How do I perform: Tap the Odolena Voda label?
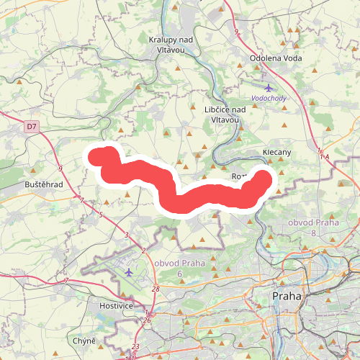pos(275,58)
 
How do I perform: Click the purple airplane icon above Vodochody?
pos(268,88)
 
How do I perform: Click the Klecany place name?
pos(276,153)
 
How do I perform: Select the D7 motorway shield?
pos(31,127)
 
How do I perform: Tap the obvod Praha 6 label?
pos(180,269)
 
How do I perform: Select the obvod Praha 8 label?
pos(313,227)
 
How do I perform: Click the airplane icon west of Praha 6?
pos(129,272)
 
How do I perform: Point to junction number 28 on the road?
pos(156,289)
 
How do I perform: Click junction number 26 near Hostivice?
pos(148,320)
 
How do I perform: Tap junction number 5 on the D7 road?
pos(101,215)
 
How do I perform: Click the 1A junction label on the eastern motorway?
pos(324,156)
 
